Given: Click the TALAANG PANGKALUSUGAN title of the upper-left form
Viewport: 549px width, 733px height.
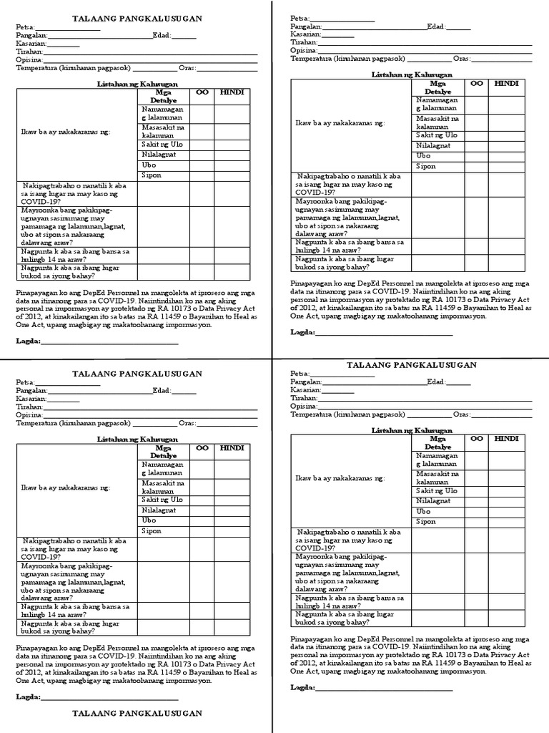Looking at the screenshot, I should (x=137, y=18).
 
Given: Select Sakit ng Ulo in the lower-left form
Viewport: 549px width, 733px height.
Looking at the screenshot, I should (x=162, y=499).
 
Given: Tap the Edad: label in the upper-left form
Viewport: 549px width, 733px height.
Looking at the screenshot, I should (x=162, y=36).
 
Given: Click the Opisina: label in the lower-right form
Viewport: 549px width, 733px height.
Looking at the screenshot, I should (x=304, y=406).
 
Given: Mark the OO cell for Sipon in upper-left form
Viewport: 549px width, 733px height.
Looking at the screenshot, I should (x=201, y=175).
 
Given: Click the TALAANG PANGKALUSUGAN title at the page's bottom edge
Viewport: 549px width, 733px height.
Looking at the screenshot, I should (x=137, y=714).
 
